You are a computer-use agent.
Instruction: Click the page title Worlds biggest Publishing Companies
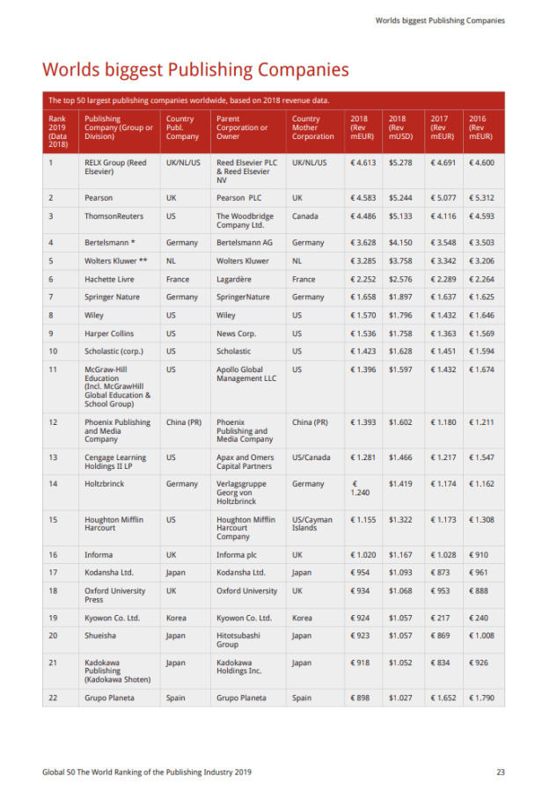point(195,70)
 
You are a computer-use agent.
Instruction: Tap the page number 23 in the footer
point(500,772)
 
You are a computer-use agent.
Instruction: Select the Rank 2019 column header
point(57,131)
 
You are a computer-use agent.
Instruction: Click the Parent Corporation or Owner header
point(242,128)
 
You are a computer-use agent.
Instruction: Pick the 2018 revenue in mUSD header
point(400,128)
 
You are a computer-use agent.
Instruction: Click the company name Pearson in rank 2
point(99,198)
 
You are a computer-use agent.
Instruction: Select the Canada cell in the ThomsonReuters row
point(305,216)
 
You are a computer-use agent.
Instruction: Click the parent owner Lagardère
point(236,279)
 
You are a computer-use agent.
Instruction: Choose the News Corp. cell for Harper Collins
point(237,333)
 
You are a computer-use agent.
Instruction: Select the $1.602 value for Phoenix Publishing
point(400,422)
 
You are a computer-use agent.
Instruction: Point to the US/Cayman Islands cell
point(312,523)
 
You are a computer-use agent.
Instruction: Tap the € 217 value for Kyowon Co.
point(441,618)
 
